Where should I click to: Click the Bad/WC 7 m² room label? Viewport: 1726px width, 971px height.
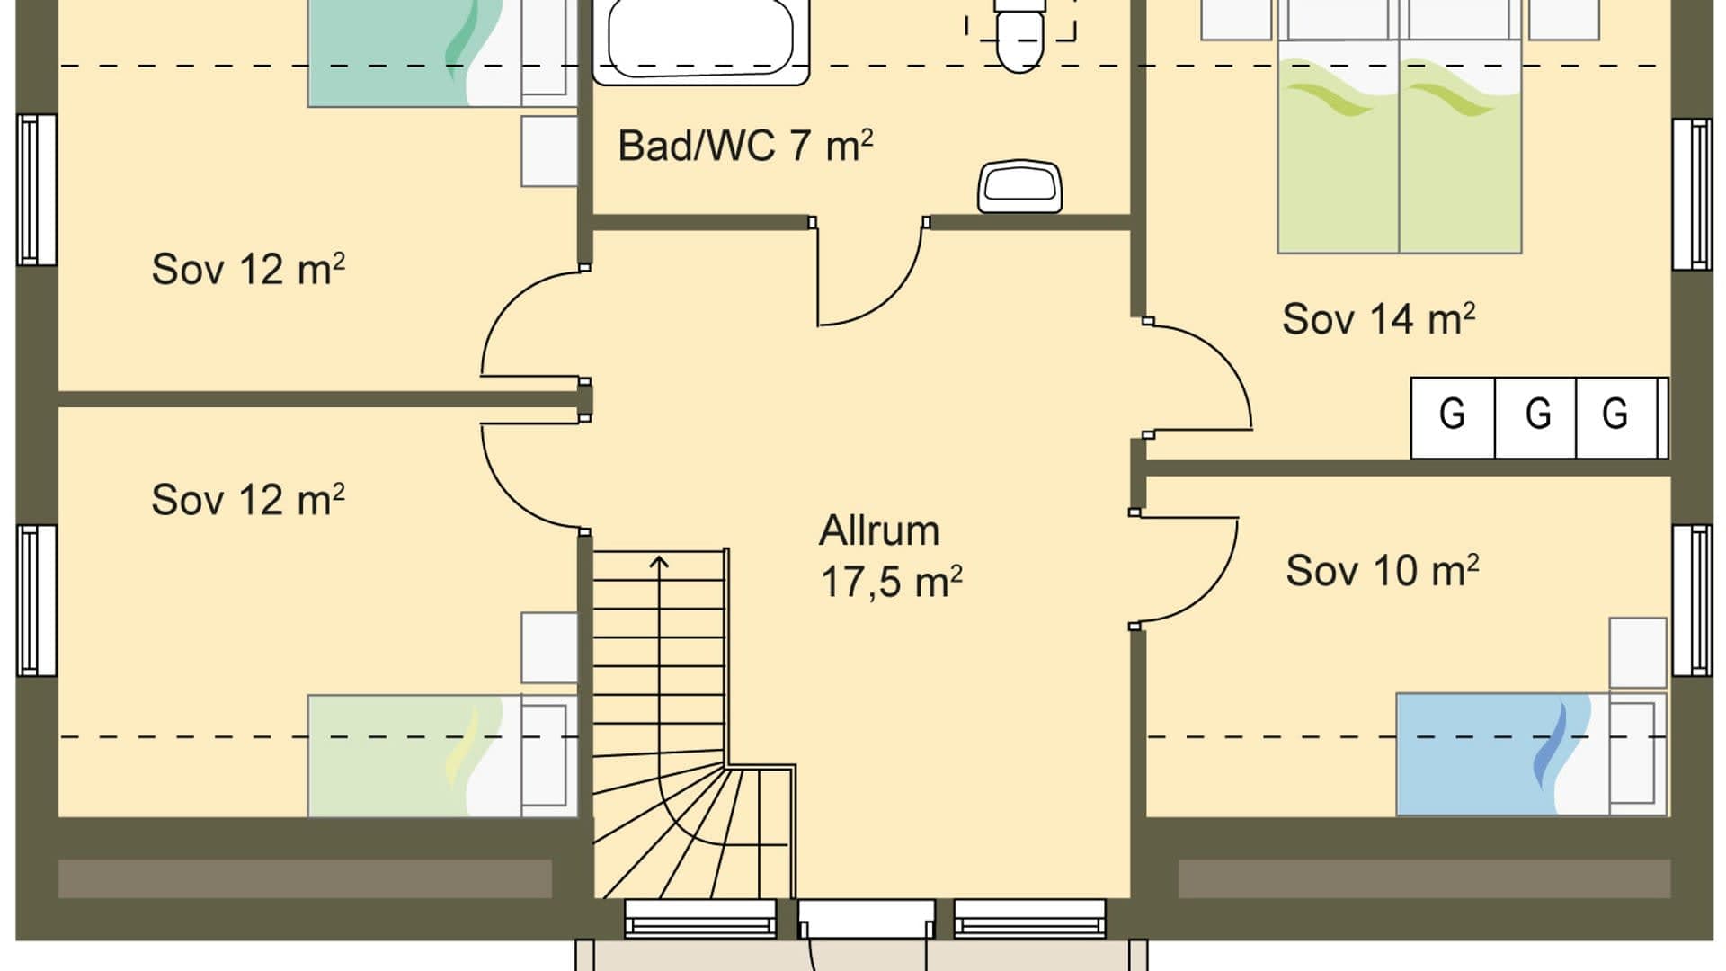[x=745, y=146]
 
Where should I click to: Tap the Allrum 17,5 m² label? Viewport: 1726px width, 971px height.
[x=890, y=557]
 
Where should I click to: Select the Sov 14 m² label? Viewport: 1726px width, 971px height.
[x=1378, y=319]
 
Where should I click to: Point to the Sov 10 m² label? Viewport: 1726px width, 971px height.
[x=1382, y=570]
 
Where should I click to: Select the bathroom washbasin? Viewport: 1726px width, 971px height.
[x=1019, y=186]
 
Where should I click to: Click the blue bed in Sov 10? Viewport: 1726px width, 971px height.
[x=1531, y=754]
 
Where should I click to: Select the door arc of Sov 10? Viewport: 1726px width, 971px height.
[x=1214, y=593]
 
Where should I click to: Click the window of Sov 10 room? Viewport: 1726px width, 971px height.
[x=1692, y=601]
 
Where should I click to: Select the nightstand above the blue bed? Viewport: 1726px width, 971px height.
[x=1638, y=653]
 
